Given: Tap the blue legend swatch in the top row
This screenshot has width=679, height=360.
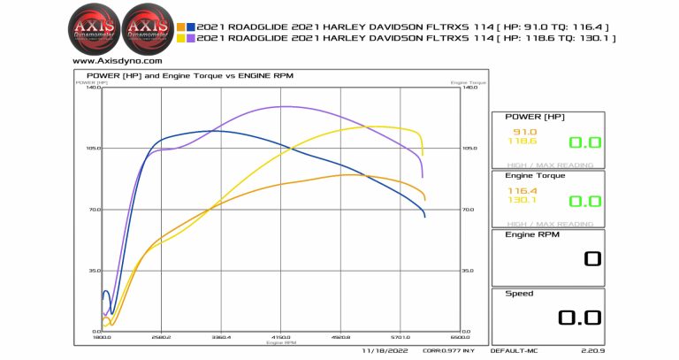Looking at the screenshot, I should point(191,27).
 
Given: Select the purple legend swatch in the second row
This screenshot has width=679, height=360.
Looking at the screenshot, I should point(191,39).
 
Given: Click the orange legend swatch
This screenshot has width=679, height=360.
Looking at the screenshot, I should point(180,27).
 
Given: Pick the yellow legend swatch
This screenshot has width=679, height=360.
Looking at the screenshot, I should point(180,39).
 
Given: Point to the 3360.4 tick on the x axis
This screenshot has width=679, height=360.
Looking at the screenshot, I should point(221,337).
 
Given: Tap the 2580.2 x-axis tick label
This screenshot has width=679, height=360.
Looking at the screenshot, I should point(161,337).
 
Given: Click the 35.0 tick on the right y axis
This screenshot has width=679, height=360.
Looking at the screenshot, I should point(469,271).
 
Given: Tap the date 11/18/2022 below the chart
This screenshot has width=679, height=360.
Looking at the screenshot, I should point(382,351).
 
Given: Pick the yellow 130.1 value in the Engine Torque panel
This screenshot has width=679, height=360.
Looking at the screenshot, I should point(523,200).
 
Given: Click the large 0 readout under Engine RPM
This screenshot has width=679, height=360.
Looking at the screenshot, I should point(591,259).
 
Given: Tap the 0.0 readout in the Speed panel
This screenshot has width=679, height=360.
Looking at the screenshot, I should point(580,318).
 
